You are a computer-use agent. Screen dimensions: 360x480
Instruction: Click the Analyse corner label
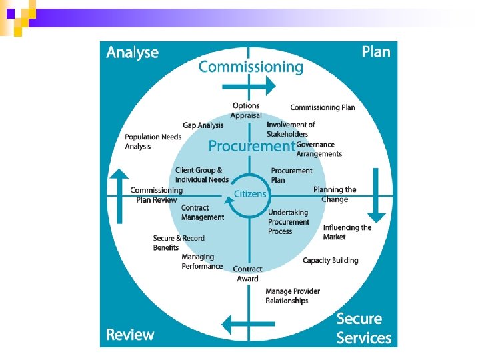point(133,53)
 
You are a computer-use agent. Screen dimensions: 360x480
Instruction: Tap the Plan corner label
point(375,51)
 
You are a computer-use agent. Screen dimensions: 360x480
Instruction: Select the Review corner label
point(130,335)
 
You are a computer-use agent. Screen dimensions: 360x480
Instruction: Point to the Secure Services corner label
point(363,328)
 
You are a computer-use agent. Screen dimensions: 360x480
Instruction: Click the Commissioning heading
point(251,67)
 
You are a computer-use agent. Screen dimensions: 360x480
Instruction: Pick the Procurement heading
point(251,146)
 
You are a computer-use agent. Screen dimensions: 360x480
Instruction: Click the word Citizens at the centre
point(250,194)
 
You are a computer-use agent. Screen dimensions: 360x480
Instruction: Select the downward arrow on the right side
point(376,195)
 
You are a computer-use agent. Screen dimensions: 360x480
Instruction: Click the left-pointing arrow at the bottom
point(247,325)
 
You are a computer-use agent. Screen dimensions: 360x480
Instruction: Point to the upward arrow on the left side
point(119,195)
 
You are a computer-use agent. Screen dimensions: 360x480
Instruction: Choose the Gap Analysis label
point(203,125)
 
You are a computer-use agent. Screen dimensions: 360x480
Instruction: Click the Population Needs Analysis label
point(153,142)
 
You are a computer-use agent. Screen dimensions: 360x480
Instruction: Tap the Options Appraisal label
point(246,111)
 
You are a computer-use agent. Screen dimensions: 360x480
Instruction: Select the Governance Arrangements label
point(319,149)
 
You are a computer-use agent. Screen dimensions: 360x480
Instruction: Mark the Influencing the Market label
point(347,232)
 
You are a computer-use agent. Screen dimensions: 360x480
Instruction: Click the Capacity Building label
point(330,261)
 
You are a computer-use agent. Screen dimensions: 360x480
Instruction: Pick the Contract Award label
point(247,274)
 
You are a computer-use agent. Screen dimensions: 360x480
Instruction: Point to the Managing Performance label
point(202,261)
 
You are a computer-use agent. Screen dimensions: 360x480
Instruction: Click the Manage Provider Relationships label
point(292,296)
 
